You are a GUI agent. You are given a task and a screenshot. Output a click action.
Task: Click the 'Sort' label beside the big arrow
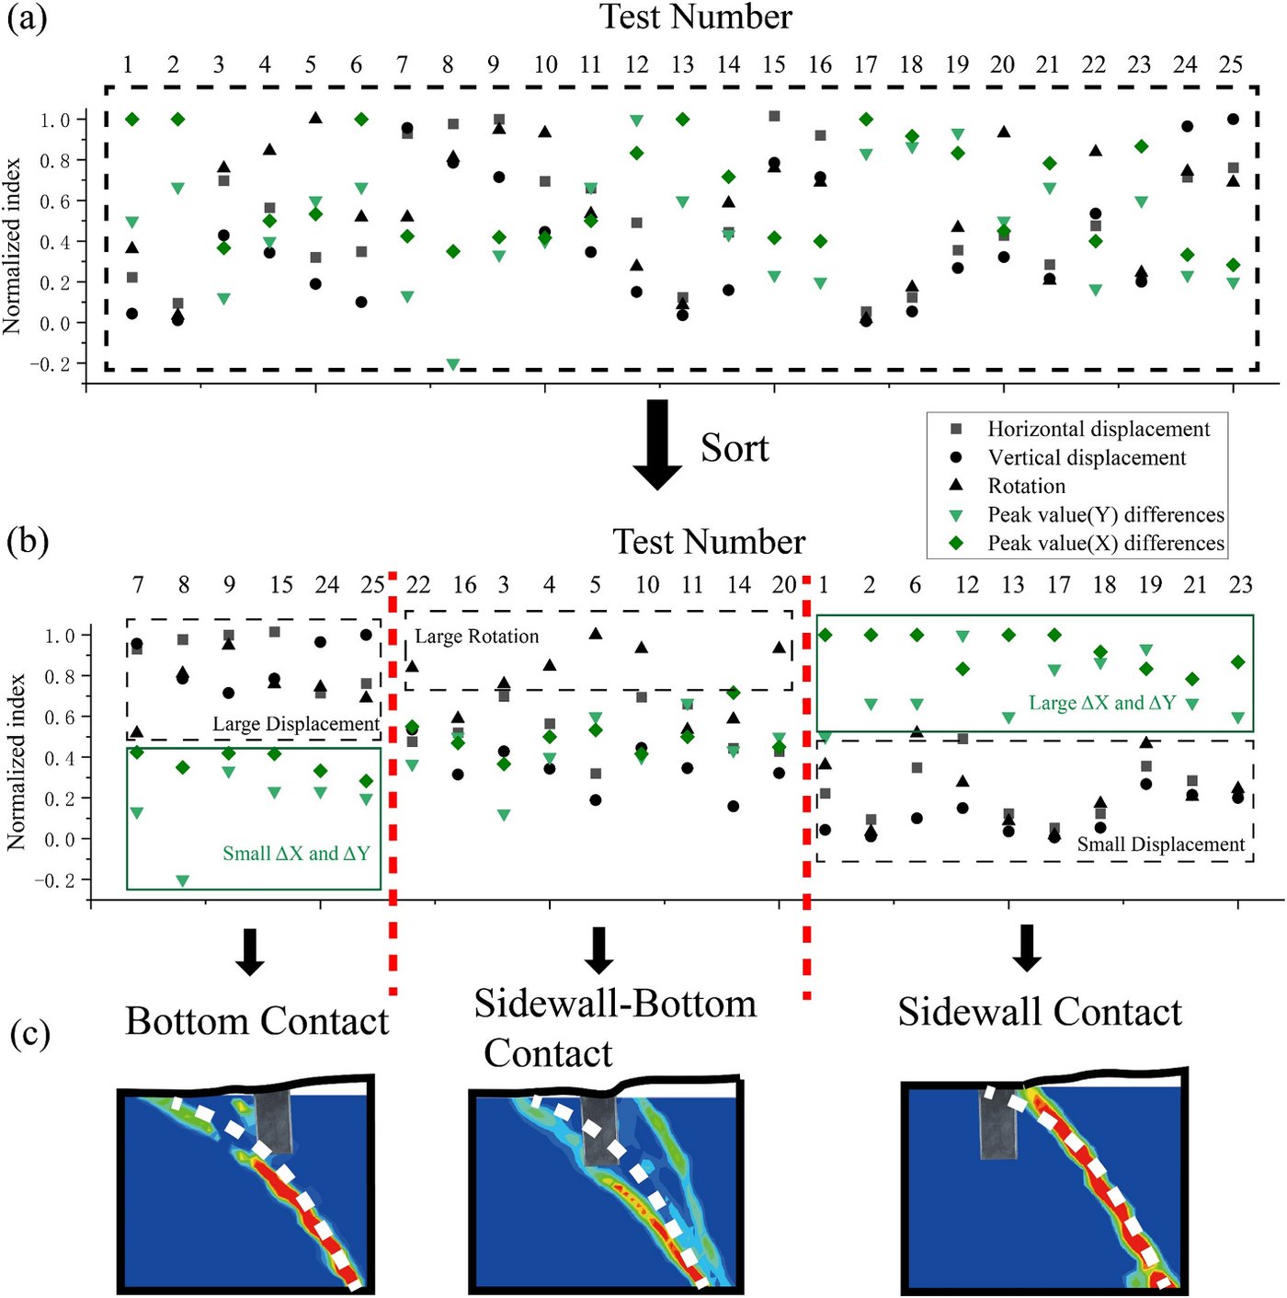click(735, 448)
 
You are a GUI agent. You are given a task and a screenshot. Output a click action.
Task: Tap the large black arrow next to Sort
click(657, 444)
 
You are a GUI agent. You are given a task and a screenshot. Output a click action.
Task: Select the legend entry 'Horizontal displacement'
click(1099, 429)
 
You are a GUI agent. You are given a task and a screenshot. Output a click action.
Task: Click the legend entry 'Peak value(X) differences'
click(1105, 543)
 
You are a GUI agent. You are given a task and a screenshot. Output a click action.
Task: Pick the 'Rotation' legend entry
click(1027, 486)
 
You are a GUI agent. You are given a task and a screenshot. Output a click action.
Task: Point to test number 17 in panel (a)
click(866, 64)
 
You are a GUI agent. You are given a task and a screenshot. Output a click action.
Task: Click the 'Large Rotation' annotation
click(476, 637)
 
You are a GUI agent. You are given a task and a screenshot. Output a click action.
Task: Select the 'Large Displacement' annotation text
click(296, 724)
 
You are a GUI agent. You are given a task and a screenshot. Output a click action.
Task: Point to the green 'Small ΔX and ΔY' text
click(296, 854)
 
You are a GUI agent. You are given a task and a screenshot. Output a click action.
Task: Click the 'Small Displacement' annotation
click(1161, 844)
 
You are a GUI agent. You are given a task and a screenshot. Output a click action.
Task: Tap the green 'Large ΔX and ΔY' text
click(1102, 703)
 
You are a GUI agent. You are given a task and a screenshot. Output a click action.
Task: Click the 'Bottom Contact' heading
click(256, 1021)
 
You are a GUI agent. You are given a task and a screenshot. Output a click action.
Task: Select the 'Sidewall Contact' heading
click(1040, 1012)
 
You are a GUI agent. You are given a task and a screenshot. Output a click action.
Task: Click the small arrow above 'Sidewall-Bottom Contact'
click(598, 950)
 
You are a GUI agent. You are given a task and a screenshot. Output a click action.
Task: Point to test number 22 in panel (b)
click(417, 584)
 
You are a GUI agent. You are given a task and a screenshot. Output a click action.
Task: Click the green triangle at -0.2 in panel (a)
click(453, 364)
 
